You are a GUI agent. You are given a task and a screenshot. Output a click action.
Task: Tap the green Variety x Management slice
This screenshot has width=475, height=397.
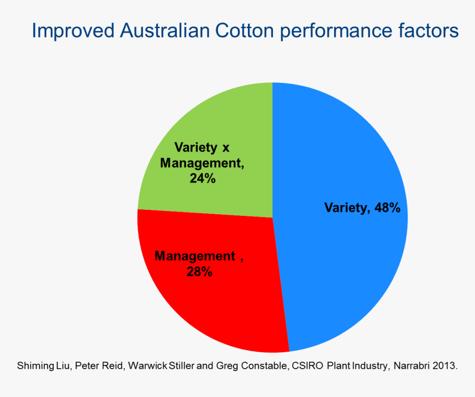pyautogui.click(x=221, y=121)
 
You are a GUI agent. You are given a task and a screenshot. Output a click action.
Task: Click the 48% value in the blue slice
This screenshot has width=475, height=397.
pyautogui.click(x=386, y=208)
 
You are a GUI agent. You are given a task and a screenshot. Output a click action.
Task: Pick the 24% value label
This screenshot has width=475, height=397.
pyautogui.click(x=202, y=178)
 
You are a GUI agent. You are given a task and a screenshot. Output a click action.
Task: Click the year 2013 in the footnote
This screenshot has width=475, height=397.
pyautogui.click(x=446, y=366)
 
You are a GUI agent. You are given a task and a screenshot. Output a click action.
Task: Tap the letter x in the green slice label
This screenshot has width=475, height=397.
pyautogui.click(x=225, y=147)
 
